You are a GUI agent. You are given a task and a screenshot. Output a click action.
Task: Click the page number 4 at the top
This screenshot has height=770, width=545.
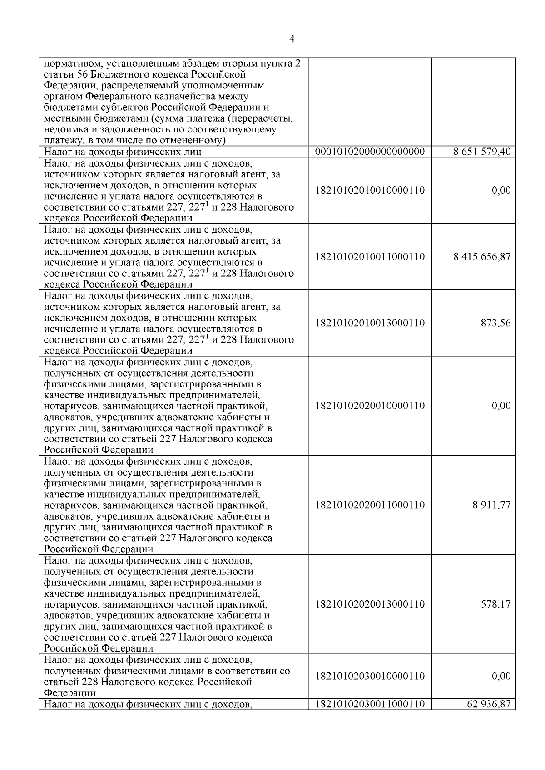point(292,39)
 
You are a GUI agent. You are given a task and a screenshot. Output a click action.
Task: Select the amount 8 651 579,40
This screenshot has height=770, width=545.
point(481,152)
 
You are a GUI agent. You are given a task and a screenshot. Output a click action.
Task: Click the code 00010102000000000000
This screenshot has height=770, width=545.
point(370,152)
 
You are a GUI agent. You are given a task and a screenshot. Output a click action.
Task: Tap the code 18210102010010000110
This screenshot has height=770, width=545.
point(370,191)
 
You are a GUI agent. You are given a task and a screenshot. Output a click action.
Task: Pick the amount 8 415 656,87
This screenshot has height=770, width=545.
point(481,257)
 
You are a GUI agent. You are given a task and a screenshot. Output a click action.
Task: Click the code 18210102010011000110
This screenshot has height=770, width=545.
point(370,257)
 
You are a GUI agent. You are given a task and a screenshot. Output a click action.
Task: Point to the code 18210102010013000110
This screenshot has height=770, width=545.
point(370,323)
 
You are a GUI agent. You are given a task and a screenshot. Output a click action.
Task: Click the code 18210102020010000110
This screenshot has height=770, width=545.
point(370,406)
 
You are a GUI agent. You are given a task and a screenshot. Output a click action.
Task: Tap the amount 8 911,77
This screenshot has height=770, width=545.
point(491,505)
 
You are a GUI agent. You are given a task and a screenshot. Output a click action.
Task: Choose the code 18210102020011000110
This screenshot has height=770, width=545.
point(370,505)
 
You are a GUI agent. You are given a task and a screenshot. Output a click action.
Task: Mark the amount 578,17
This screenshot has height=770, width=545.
point(495,604)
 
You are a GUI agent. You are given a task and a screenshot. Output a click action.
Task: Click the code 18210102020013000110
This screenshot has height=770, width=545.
point(370,604)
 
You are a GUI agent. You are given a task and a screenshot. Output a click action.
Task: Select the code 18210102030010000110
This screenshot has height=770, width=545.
point(370,676)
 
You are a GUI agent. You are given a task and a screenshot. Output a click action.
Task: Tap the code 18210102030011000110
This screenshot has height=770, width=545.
point(370,704)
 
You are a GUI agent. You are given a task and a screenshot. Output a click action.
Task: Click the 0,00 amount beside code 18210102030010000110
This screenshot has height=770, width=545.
point(501,676)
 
